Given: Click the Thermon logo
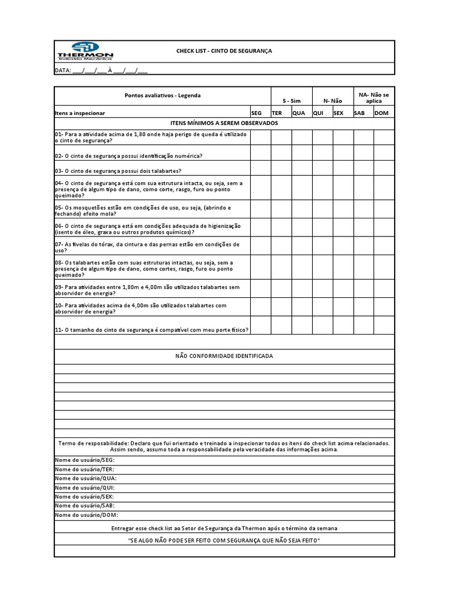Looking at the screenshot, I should tap(85, 51).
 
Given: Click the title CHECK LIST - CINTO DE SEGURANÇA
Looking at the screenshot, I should tap(224, 51).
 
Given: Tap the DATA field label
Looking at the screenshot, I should tap(63, 71).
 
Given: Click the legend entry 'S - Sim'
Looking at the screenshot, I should tap(291, 100).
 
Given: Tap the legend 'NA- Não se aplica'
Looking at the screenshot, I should tap(374, 98).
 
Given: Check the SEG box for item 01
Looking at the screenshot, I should tap(260, 137).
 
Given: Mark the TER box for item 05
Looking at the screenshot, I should tap(281, 210).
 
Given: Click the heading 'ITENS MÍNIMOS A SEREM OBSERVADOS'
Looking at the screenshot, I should tap(224, 123).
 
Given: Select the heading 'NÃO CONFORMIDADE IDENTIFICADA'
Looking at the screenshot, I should tap(224, 356).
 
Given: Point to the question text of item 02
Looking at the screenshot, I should tap(129, 156).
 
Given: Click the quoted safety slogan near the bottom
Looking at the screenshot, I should tap(224, 540).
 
